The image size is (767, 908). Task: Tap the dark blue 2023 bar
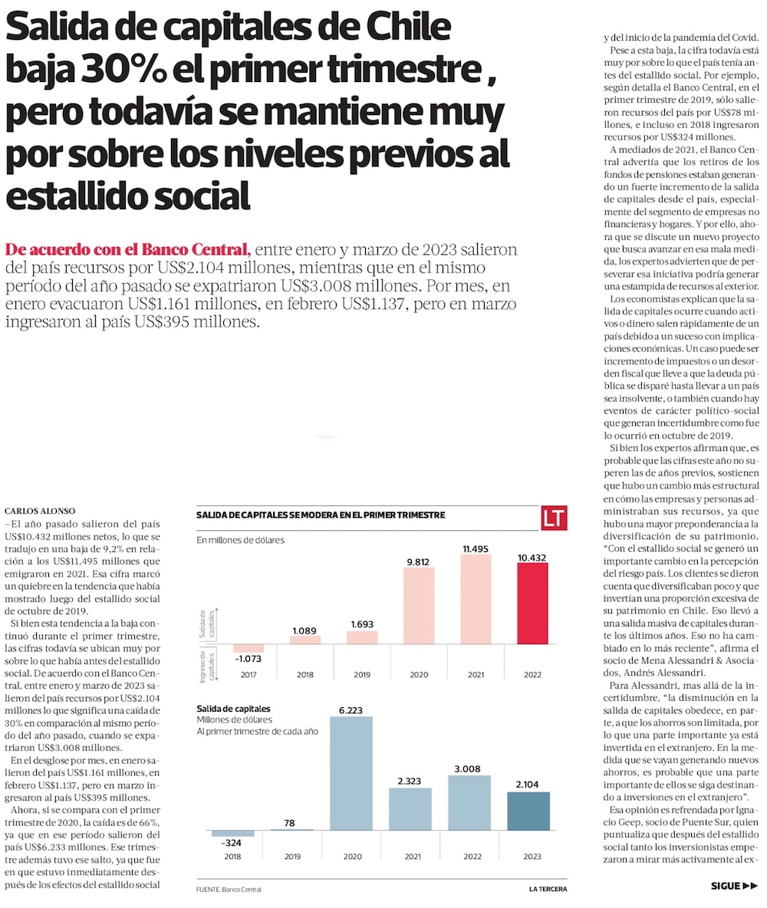pyautogui.click(x=528, y=811)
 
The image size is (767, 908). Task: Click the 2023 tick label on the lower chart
pyautogui.click(x=528, y=857)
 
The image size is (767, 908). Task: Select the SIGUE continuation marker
pyautogui.click(x=734, y=886)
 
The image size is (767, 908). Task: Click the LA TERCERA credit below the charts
pyautogui.click(x=549, y=889)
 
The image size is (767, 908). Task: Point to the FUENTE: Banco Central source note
pyautogui.click(x=229, y=889)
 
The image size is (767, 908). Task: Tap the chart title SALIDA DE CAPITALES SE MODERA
pyautogui.click(x=321, y=515)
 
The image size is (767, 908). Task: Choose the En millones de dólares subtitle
pyautogui.click(x=240, y=540)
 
